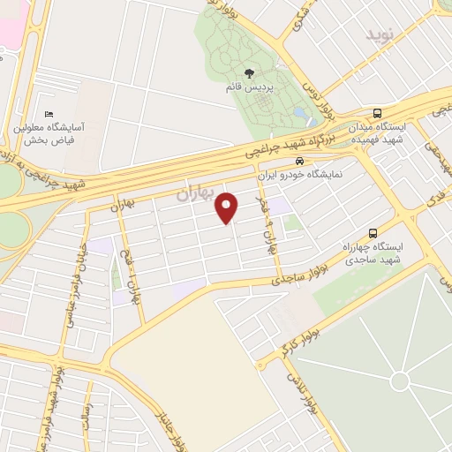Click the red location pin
pyautogui.click(x=228, y=207)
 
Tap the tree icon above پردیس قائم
pyautogui.click(x=248, y=73)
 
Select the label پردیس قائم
pyautogui.click(x=247, y=88)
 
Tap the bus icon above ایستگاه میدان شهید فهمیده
pyautogui.click(x=378, y=113)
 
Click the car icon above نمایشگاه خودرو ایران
pyautogui.click(x=299, y=161)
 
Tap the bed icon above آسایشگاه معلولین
pyautogui.click(x=49, y=115)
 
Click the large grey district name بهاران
pyautogui.click(x=196, y=192)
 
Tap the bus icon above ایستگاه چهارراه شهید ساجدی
pyautogui.click(x=372, y=233)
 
